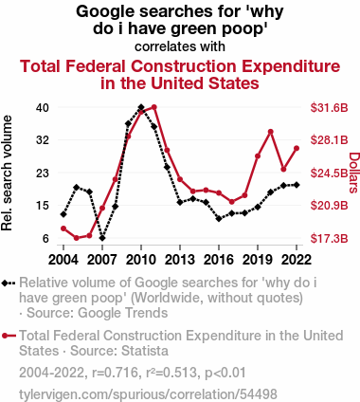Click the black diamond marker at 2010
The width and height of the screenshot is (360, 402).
(x=141, y=107)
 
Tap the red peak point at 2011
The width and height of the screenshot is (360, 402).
(x=154, y=107)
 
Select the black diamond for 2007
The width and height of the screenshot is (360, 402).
(x=102, y=238)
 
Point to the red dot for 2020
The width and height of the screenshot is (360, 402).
(x=271, y=132)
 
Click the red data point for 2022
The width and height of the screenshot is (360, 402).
(x=297, y=148)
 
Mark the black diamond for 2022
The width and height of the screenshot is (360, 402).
(x=297, y=185)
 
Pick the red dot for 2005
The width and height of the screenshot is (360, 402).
(x=77, y=238)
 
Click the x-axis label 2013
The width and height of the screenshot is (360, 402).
(x=180, y=260)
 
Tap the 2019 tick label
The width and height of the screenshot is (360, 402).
(x=258, y=260)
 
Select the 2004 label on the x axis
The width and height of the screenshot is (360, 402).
(x=63, y=260)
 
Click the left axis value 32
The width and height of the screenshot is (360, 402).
(x=43, y=140)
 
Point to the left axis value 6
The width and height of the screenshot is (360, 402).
(x=45, y=238)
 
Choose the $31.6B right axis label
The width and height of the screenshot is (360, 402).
(x=329, y=108)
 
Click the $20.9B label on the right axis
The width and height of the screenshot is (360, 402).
(x=329, y=206)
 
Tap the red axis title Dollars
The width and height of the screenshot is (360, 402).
(x=354, y=173)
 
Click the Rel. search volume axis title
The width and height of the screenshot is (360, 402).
(x=7, y=173)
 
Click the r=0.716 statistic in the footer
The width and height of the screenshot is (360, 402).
(x=115, y=373)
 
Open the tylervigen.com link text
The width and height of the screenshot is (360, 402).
(x=148, y=394)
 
